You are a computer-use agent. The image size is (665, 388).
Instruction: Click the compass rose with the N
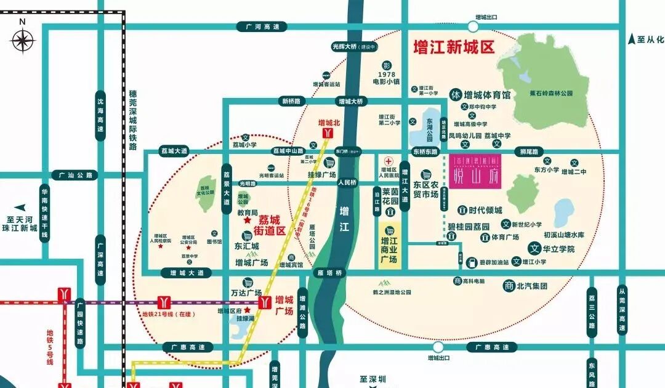point(23,42)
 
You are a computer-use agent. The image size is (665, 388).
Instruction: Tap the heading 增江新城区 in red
point(454,47)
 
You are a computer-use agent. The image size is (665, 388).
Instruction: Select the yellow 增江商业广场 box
point(389,245)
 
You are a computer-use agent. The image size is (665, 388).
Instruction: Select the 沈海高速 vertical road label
point(100,116)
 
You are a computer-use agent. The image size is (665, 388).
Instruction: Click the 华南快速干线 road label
point(44,212)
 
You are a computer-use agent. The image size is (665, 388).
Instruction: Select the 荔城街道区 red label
point(272,225)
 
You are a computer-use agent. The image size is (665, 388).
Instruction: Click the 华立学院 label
point(557,249)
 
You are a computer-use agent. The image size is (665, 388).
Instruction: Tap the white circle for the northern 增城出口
point(473,27)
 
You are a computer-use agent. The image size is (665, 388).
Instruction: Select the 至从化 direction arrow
point(631,39)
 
